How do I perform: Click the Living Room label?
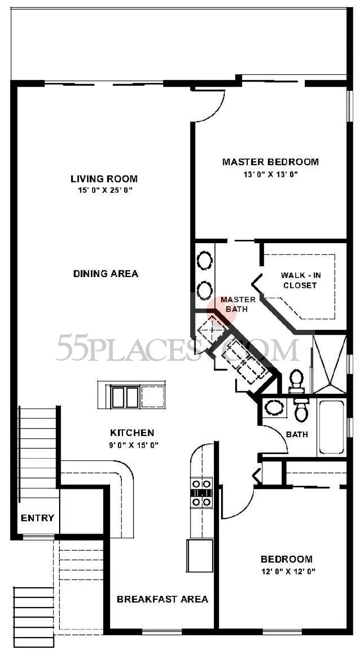104,179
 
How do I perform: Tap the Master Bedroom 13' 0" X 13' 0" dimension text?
270,175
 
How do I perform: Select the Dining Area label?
106,274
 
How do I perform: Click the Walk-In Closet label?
301,280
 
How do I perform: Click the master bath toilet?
296,381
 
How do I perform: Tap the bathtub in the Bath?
332,427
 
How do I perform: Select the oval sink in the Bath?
274,408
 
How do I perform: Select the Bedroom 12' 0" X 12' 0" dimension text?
288,572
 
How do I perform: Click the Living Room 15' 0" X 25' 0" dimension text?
104,190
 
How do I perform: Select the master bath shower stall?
329,364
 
